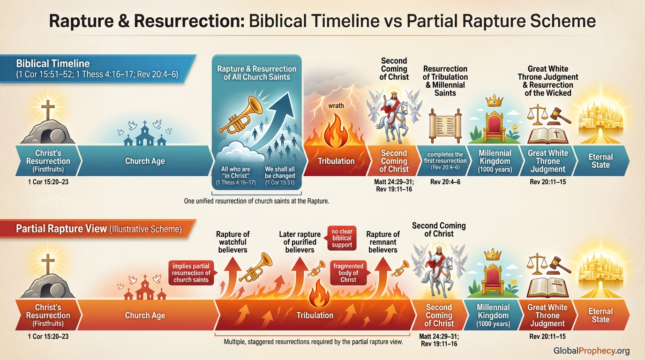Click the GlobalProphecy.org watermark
tap(592, 351)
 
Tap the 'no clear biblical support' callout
tap(342, 238)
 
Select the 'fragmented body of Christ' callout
tap(348, 273)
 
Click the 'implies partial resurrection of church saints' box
tap(191, 273)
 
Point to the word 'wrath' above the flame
tap(336, 106)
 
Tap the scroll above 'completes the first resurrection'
tap(445, 125)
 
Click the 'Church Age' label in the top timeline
tap(145, 161)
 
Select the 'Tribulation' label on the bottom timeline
tap(315, 315)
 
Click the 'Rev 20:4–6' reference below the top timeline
tap(445, 181)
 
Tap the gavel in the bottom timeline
tap(559, 263)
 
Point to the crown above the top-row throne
tap(495, 101)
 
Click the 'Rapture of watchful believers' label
tap(232, 242)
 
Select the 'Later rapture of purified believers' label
tap(300, 242)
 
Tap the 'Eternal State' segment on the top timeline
tap(600, 161)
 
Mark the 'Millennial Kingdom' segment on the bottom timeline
tap(493, 315)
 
